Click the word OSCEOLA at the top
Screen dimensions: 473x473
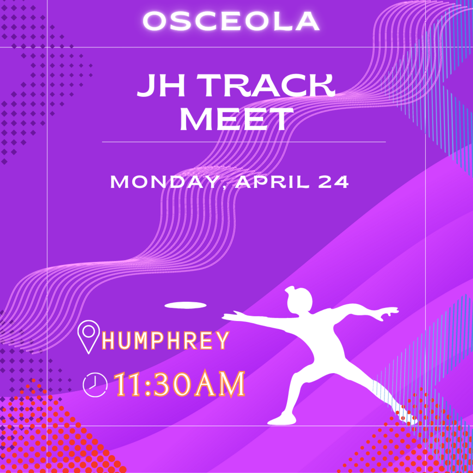pyautogui.click(x=231, y=21)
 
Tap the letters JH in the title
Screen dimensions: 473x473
pyautogui.click(x=161, y=85)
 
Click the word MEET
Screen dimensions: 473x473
pyautogui.click(x=236, y=119)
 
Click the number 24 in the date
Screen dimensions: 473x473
pyautogui.click(x=334, y=182)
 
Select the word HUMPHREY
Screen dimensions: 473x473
pyautogui.click(x=166, y=340)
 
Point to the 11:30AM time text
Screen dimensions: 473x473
pyautogui.click(x=179, y=384)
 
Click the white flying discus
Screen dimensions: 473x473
pyautogui.click(x=185, y=305)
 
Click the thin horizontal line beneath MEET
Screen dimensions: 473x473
pyautogui.click(x=244, y=142)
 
